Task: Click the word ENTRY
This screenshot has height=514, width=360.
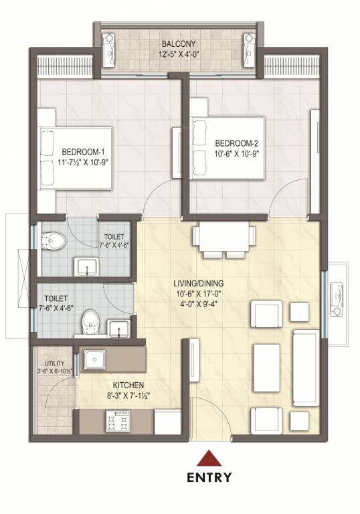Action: [x=210, y=477]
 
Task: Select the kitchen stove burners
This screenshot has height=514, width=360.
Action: [x=119, y=421]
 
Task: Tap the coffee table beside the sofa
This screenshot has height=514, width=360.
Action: [x=266, y=368]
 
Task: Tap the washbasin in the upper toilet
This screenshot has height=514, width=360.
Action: [x=87, y=267]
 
